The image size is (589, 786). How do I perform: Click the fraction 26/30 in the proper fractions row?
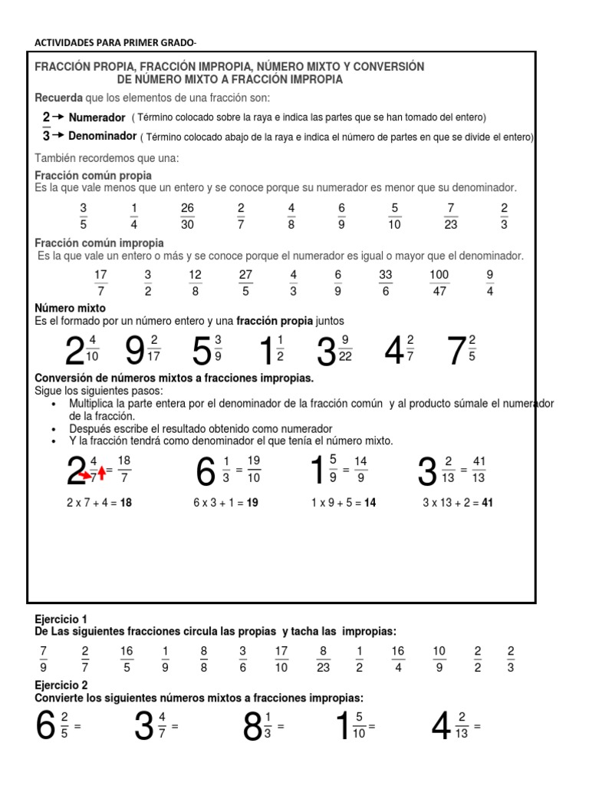[x=187, y=216]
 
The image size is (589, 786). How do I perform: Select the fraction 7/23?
[x=451, y=216]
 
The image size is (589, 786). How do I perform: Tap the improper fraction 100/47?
[x=439, y=282]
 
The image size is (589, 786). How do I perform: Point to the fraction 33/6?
[x=385, y=282]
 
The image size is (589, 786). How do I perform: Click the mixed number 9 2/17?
[x=142, y=351]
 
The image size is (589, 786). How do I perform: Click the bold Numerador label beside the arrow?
[x=97, y=117]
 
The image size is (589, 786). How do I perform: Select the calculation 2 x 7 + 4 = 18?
[x=100, y=503]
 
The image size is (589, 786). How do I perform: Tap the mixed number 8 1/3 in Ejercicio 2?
[x=258, y=726]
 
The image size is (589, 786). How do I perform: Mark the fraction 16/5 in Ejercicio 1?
[x=127, y=659]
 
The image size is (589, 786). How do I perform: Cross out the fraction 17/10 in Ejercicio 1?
[x=281, y=659]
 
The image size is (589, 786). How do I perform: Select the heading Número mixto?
[x=71, y=308]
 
